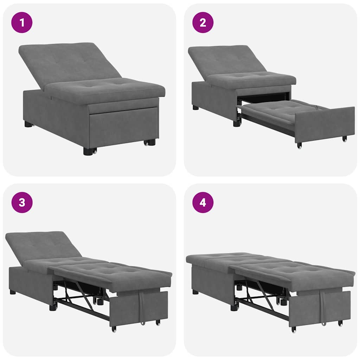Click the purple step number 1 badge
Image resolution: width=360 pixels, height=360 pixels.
coord(22,22)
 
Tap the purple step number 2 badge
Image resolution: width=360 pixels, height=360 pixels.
coord(203,22)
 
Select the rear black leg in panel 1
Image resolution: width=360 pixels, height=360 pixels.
coord(28,124)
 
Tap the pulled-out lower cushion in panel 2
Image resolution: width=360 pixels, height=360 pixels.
coord(278,111)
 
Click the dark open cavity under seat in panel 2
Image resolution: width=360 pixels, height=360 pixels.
coord(264,98)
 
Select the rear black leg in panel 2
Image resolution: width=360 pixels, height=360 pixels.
coord(195,108)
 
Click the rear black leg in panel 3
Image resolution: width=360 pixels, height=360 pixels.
coord(13,292)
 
